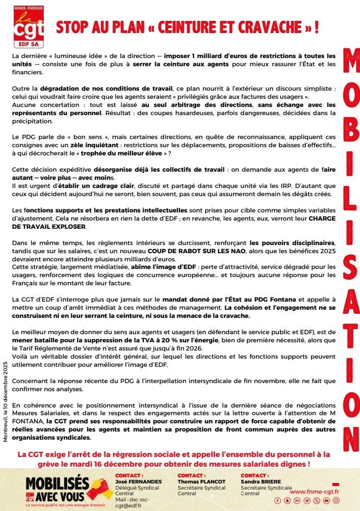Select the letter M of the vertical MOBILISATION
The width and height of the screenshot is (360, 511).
(x=351, y=66)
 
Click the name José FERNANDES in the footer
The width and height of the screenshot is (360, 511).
(x=138, y=481)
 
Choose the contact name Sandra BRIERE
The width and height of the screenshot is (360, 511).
(x=260, y=481)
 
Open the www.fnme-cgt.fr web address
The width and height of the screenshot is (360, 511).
(x=314, y=492)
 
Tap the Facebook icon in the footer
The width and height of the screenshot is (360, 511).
(x=291, y=501)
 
